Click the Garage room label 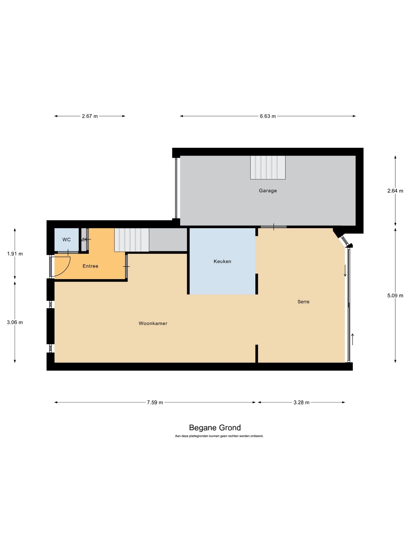pos(268,191)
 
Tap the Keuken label pos(222,261)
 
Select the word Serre pos(303,302)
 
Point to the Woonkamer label pos(153,323)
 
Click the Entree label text pos(90,266)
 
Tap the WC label pos(66,240)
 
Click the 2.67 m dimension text pos(90,116)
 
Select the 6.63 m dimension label pos(268,116)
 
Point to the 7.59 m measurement pos(155,402)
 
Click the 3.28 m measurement pos(301,402)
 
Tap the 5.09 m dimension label pos(395,295)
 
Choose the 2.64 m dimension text pos(395,191)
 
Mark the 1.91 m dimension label pos(15,254)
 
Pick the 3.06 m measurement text pos(15,322)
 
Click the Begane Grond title pos(215,428)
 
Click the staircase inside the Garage pos(268,167)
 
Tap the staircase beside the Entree pos(132,240)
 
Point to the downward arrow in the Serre pos(345,271)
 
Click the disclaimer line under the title pos(219,436)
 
